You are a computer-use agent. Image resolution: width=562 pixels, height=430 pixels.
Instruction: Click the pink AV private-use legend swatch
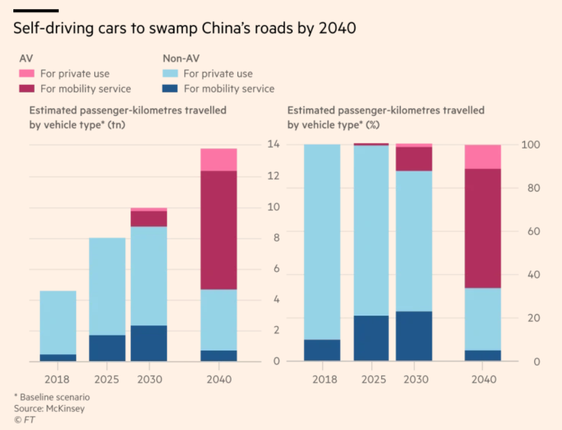27,74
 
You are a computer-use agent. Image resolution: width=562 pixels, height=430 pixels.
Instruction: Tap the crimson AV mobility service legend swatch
27,89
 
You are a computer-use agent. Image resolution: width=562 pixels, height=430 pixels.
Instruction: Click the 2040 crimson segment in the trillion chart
219,230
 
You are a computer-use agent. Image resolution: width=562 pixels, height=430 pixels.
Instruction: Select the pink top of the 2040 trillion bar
219,159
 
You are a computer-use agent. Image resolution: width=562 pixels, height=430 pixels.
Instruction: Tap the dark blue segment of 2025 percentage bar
372,338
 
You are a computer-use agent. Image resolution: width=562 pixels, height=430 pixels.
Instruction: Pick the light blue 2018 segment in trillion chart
58,322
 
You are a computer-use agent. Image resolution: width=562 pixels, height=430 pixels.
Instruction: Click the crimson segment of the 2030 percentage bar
414,159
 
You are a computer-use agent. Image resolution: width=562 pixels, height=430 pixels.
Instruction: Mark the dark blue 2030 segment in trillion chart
149,343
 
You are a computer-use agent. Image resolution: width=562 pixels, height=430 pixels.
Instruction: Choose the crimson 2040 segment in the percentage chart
483,228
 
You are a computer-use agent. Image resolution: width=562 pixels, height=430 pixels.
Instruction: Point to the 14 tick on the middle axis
273,145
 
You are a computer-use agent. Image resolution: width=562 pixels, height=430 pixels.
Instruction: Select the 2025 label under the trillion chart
107,379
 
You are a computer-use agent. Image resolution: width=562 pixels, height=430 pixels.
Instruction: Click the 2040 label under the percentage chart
483,379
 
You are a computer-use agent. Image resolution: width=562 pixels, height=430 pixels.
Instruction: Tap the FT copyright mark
22,418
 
